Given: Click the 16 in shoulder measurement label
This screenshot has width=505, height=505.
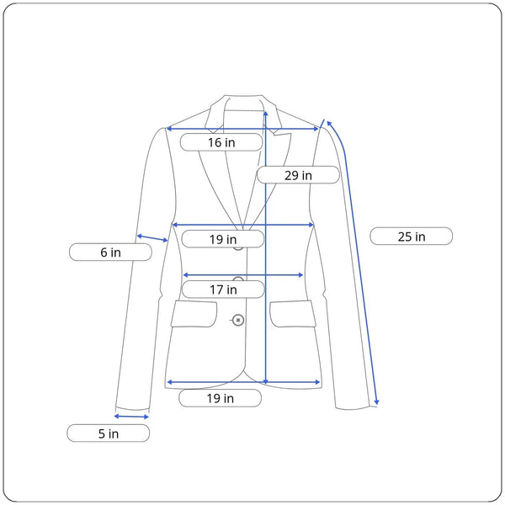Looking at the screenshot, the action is click(221, 142).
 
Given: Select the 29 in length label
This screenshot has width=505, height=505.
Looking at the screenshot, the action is click(298, 175).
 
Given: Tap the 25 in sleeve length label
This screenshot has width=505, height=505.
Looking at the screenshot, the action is click(412, 237).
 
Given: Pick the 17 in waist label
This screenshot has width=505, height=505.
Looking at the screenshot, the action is click(223, 290).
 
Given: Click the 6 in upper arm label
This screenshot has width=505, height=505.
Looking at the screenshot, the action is click(110, 252).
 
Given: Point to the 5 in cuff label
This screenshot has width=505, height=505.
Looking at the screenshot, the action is click(109, 433).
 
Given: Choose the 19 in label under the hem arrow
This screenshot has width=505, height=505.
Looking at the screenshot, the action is click(220, 398).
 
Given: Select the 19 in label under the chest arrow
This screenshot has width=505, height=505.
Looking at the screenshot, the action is click(223, 239).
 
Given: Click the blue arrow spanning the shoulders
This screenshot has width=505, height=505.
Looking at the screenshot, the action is click(242, 129).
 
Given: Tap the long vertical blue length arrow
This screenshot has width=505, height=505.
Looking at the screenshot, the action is click(265, 247).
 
